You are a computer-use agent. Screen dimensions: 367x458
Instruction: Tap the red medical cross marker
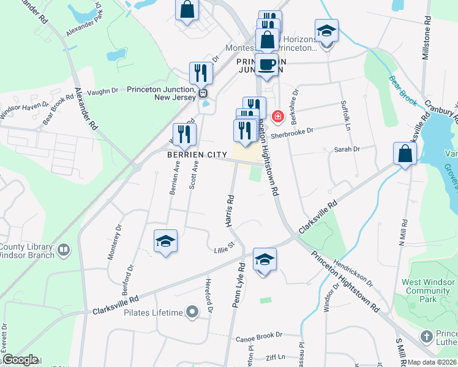click(x=277, y=116)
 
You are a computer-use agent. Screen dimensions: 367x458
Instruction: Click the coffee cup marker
click(x=266, y=64)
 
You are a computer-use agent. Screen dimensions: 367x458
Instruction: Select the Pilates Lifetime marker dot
click(x=192, y=313)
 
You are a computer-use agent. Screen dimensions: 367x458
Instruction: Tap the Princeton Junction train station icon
click(x=203, y=93)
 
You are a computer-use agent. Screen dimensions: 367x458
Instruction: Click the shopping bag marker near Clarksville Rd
click(x=405, y=154)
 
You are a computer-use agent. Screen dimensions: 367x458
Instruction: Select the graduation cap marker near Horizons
click(x=327, y=31)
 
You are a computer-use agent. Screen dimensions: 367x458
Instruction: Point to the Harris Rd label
click(x=230, y=211)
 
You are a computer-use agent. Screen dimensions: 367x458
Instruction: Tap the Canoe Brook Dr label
click(x=259, y=335)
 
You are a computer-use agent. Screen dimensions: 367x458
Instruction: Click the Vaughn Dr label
click(x=102, y=91)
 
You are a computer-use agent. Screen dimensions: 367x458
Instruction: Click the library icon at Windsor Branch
click(x=64, y=250)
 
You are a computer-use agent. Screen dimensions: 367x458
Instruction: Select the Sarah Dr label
click(x=346, y=149)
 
